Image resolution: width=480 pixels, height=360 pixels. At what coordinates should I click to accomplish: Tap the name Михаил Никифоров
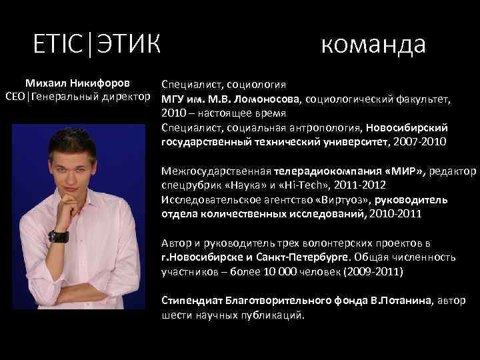click(x=77, y=84)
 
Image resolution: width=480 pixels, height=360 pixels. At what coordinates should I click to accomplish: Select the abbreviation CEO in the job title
click(x=15, y=98)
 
